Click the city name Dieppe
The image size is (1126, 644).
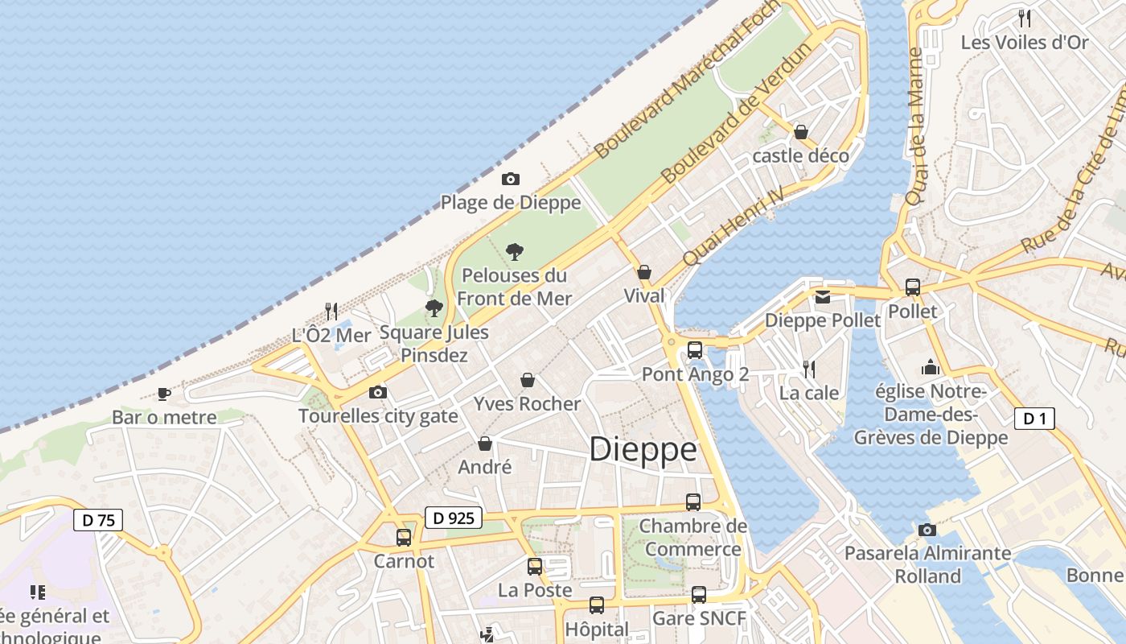(643, 449)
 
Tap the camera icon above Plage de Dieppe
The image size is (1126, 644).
(510, 179)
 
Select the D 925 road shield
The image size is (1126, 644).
(453, 518)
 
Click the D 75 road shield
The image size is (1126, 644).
(99, 520)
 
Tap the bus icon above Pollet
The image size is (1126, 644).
(913, 287)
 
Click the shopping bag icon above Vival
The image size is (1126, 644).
(644, 272)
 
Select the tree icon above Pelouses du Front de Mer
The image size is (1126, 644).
(515, 251)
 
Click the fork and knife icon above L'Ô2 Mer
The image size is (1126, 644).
(331, 311)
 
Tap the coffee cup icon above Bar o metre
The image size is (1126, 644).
(164, 394)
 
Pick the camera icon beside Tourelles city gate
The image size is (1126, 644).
(377, 393)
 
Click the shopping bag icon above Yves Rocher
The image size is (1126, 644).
(528, 379)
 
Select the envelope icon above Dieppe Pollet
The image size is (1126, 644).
(822, 297)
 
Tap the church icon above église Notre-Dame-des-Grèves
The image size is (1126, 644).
(931, 367)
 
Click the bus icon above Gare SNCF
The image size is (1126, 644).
(699, 595)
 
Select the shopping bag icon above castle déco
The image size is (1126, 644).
(801, 131)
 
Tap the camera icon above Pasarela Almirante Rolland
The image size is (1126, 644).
(927, 530)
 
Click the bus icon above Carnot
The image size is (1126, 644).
(404, 537)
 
